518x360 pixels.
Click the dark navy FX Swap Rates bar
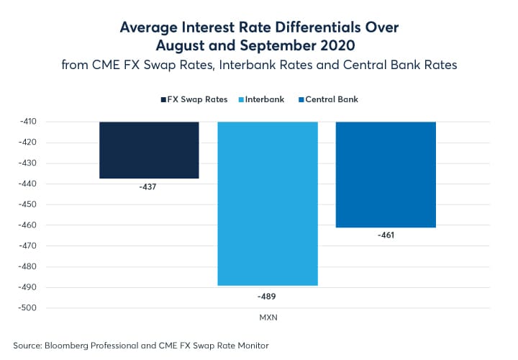tap(149, 150)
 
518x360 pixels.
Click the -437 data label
tap(149, 186)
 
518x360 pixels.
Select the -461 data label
tap(386, 235)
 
